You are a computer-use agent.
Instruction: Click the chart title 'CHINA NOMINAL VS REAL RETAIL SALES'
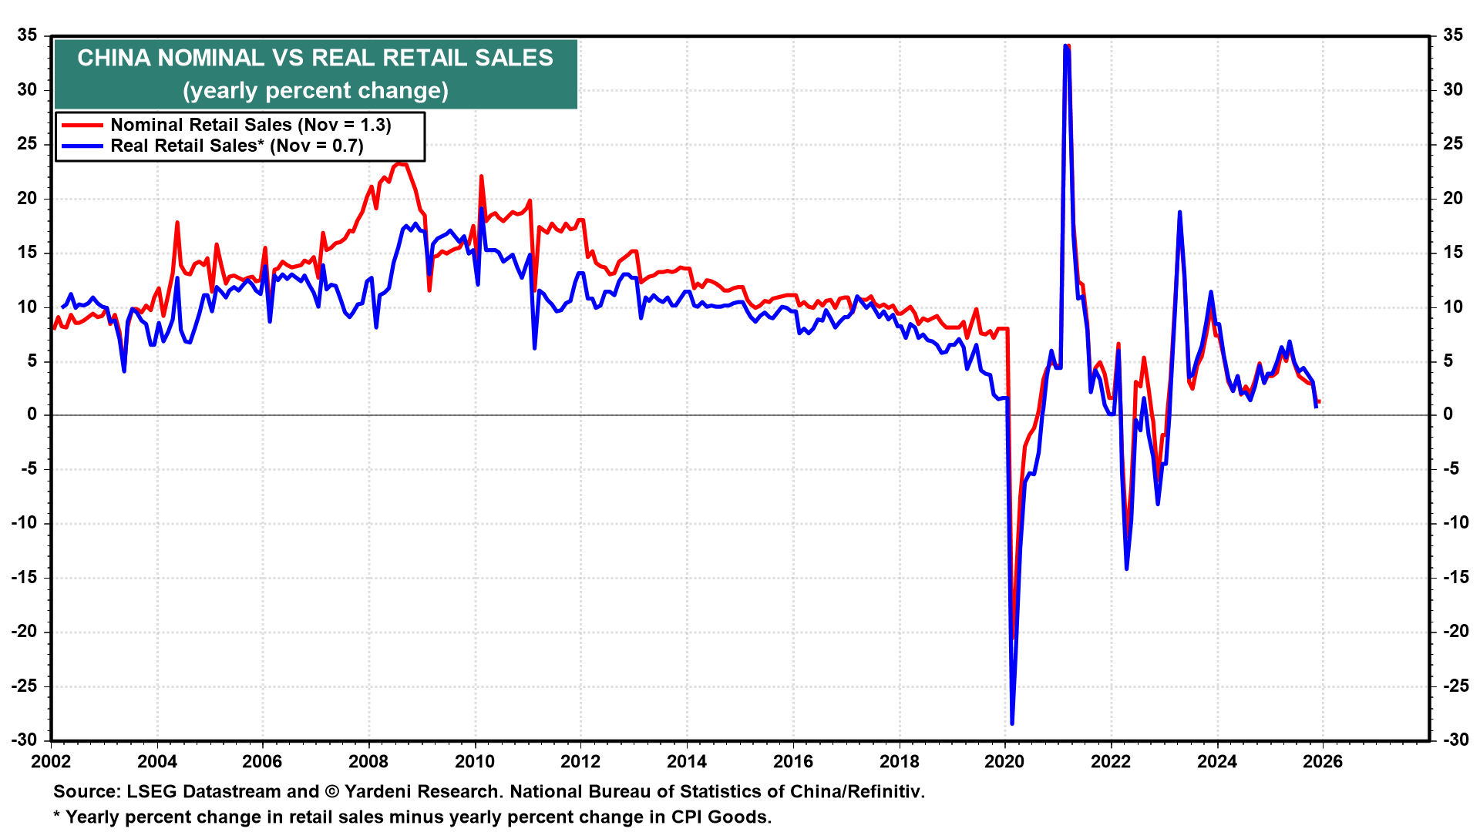tap(315, 58)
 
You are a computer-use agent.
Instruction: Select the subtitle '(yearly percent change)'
tap(315, 91)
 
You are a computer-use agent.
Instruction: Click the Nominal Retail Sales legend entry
tap(251, 125)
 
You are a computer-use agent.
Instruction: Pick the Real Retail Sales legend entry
tap(237, 146)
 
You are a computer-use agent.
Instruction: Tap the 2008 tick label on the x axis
tap(368, 762)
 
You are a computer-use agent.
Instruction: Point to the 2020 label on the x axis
tap(1004, 762)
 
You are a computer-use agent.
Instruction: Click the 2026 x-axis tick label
tap(1323, 762)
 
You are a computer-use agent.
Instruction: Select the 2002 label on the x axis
tap(51, 762)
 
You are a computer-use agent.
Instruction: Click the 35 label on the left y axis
tap(28, 35)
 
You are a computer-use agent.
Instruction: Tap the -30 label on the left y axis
tap(25, 740)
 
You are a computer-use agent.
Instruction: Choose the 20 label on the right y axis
tap(1453, 198)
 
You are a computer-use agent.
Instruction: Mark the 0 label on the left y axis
tap(32, 414)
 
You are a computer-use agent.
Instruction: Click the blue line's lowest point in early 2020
tap(1012, 723)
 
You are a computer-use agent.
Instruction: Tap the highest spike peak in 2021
tap(1065, 46)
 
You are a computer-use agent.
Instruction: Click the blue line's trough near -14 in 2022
tap(1126, 569)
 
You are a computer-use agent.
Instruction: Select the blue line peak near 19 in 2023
tap(1179, 213)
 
